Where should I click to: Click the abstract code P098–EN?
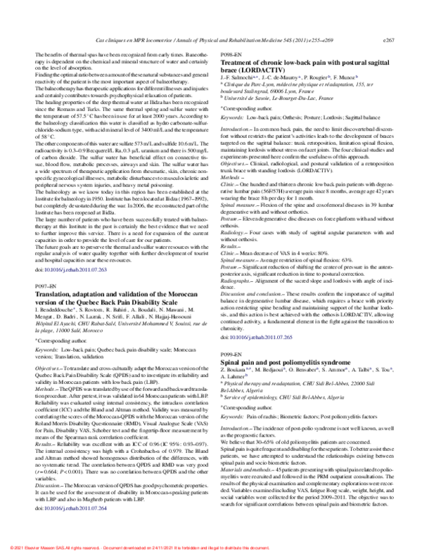[x=234, y=54]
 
